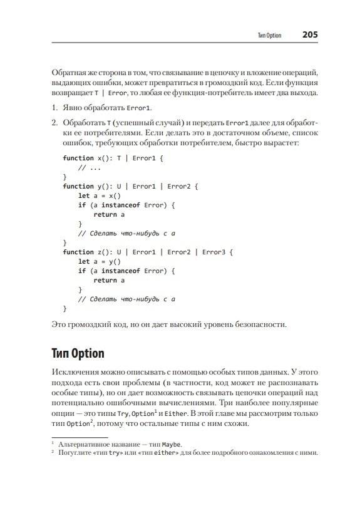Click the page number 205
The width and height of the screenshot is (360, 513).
click(310, 35)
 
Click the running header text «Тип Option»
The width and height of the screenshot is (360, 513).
click(269, 36)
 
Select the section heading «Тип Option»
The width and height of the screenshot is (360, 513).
click(78, 355)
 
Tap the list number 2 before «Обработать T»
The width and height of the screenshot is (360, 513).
click(55, 123)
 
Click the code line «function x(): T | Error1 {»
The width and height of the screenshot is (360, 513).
click(113, 158)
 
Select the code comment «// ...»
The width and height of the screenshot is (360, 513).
click(90, 167)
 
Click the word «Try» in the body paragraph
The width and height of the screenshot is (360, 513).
click(115, 413)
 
